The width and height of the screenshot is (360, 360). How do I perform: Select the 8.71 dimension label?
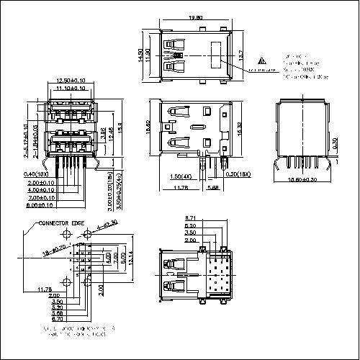tap(192, 217)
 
